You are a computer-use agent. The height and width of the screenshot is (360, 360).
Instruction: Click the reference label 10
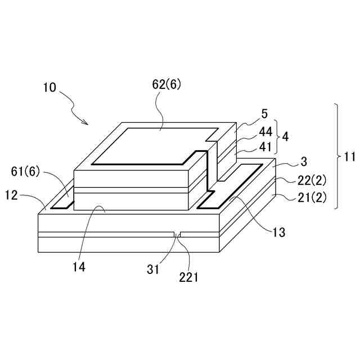[49, 88]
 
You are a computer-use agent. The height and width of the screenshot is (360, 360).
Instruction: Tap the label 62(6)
[167, 85]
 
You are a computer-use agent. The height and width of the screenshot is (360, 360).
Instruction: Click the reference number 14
[79, 267]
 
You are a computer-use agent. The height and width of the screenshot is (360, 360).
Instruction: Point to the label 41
[265, 147]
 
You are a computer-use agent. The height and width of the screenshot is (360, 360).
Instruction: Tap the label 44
[265, 133]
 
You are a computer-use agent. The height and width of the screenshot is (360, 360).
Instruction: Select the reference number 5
[264, 115]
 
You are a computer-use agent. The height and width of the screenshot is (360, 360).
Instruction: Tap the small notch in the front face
[178, 233]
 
